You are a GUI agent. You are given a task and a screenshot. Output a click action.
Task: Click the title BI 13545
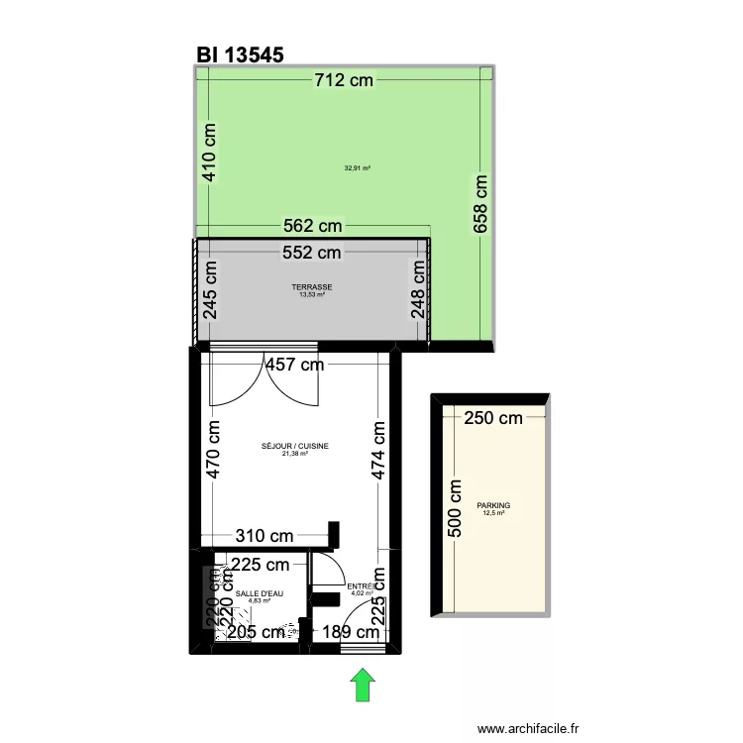click(x=241, y=55)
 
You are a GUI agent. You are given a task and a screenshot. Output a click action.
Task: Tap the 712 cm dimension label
click(x=344, y=80)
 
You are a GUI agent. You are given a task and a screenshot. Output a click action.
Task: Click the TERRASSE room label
click(x=312, y=287)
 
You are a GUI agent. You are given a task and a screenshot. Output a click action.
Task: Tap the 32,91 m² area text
click(x=357, y=168)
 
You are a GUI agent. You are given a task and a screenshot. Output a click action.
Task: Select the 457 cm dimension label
click(x=295, y=365)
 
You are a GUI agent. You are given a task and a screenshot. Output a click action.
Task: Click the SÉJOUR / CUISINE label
click(x=294, y=447)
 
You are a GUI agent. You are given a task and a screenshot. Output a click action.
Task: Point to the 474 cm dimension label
click(x=378, y=450)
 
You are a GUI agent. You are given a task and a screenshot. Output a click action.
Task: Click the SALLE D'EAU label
click(x=260, y=593)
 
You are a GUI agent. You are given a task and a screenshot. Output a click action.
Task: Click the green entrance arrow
click(x=364, y=685)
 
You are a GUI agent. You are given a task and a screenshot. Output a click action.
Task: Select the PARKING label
click(x=492, y=506)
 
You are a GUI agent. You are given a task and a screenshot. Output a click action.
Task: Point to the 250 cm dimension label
click(x=492, y=418)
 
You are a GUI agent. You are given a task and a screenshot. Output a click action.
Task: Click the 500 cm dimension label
click(x=456, y=508)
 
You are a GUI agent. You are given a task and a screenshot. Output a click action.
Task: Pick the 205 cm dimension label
click(x=257, y=632)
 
